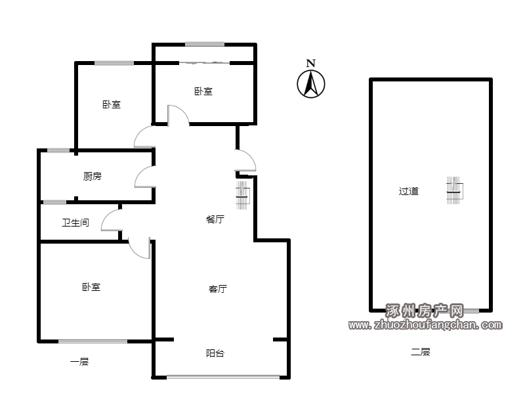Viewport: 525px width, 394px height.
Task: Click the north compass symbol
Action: point(310,84)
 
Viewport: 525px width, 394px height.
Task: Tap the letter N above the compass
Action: point(311,63)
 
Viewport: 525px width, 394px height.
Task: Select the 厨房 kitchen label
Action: point(92,176)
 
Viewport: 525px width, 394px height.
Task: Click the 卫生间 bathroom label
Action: point(75,223)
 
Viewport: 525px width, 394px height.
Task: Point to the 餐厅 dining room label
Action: point(215,219)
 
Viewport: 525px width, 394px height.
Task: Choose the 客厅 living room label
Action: point(218,289)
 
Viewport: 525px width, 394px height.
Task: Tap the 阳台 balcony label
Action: point(215,353)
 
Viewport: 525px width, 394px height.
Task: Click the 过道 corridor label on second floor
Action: point(408,191)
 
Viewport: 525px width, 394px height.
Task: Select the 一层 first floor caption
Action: point(79,362)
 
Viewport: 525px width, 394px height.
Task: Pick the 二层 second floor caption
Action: point(421,352)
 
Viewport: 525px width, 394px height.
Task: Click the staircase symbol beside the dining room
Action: point(242,195)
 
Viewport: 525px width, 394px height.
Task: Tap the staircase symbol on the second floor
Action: point(455,190)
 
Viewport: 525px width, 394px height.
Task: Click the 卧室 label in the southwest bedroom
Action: point(91,287)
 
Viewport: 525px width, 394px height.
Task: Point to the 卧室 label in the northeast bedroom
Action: point(203,91)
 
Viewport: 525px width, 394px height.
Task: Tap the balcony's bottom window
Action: point(223,377)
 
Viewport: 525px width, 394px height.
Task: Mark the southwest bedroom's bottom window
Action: point(93,341)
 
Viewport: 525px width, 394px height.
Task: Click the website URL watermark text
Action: point(425,324)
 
